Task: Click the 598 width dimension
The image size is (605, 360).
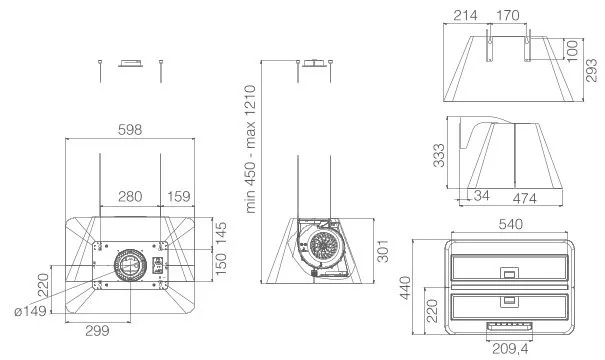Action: click(x=130, y=130)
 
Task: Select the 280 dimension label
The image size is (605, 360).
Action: click(x=130, y=196)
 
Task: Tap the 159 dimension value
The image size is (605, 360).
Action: click(x=179, y=196)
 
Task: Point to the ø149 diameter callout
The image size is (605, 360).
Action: click(x=30, y=311)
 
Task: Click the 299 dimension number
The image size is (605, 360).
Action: click(x=97, y=331)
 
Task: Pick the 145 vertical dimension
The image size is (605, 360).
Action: click(x=221, y=233)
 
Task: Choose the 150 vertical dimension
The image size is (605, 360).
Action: click(x=221, y=264)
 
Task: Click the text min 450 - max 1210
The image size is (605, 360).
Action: click(x=251, y=149)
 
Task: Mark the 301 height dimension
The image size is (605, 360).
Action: click(x=382, y=251)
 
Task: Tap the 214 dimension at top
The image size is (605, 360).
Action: click(x=465, y=15)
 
